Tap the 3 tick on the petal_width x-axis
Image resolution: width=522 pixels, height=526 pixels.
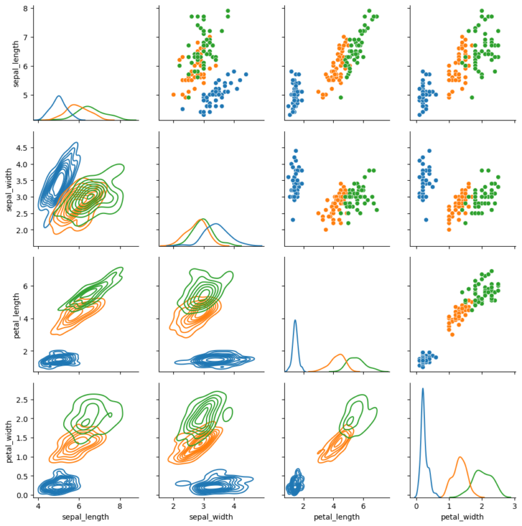[515, 506]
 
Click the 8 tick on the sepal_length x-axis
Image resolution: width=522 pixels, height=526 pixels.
[120, 506]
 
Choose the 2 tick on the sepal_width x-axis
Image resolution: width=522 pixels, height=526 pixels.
[173, 506]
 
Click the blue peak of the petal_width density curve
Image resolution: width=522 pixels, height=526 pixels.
[423, 389]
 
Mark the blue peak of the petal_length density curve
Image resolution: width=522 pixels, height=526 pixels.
[295, 320]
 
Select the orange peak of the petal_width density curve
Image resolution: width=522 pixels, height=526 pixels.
[460, 457]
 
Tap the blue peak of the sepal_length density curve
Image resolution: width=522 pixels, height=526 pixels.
[58, 97]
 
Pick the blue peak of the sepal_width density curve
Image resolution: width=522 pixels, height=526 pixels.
[216, 224]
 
